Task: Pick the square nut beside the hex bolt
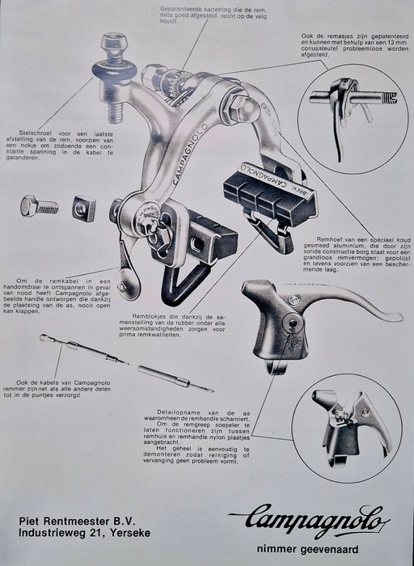tap(83, 209)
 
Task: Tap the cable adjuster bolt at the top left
tap(113, 69)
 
